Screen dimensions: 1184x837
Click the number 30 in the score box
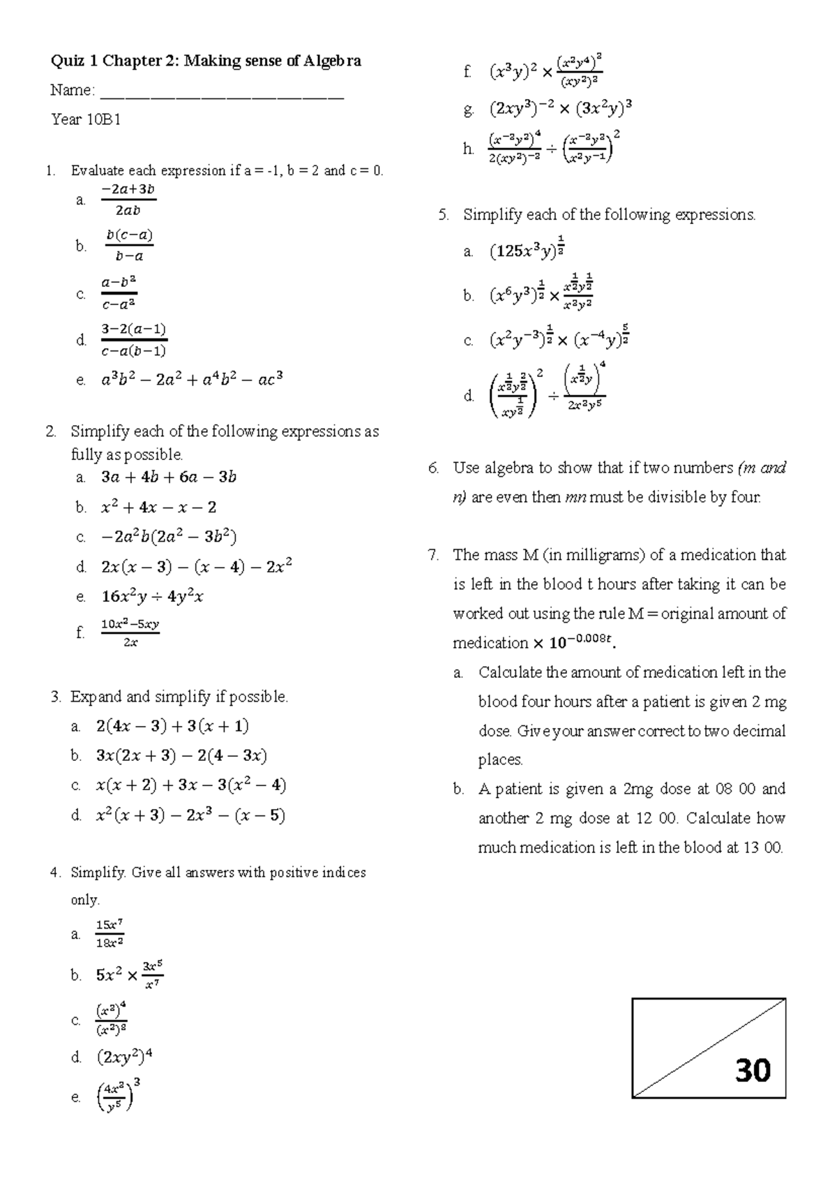(x=753, y=1070)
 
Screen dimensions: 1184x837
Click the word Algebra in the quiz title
(x=332, y=61)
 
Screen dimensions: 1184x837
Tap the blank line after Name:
(x=223, y=91)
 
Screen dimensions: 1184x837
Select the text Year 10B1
(x=86, y=120)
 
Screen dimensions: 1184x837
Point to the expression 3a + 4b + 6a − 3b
(x=169, y=478)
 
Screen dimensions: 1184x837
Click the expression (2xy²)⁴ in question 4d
(x=124, y=1057)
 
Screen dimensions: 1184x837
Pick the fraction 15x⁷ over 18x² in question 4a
(x=110, y=934)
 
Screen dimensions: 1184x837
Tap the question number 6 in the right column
(x=433, y=468)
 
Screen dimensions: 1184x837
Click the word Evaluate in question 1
(x=98, y=171)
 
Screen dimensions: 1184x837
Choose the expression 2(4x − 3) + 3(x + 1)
(x=172, y=726)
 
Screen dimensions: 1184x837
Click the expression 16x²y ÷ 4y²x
(x=152, y=597)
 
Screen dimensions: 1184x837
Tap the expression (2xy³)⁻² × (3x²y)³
(x=561, y=108)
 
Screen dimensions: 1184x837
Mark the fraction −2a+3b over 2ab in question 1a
(x=128, y=200)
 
